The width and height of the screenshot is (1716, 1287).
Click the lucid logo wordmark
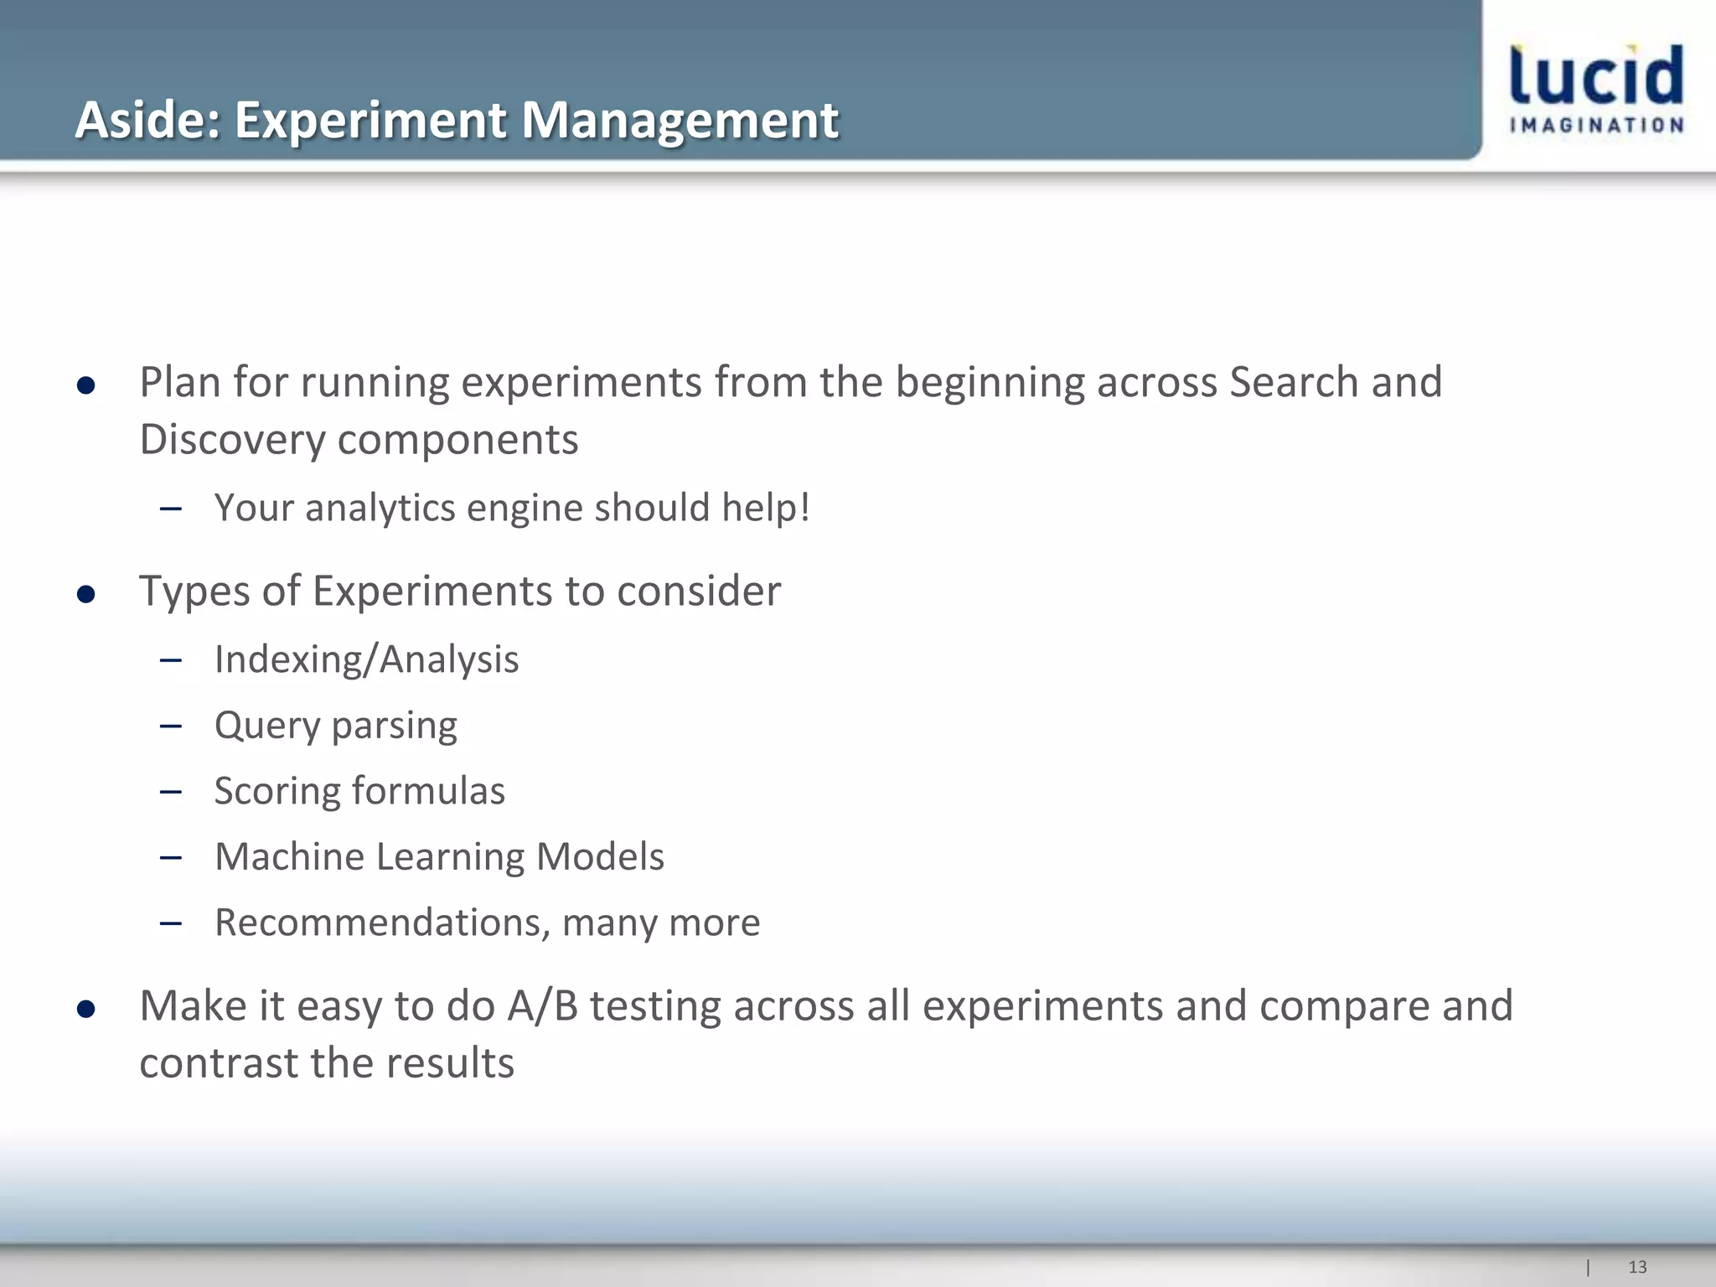(1595, 75)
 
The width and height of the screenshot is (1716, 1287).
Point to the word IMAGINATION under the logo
(1595, 126)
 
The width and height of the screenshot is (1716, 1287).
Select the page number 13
(1636, 1267)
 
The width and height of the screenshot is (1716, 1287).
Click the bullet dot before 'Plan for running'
(85, 385)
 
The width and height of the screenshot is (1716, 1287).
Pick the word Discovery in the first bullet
(231, 440)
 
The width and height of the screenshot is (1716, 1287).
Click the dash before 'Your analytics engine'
(171, 509)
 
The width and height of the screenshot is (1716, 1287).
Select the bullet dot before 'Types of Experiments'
(85, 595)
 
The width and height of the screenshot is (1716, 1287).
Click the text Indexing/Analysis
(366, 659)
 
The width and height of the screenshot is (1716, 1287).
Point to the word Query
(267, 726)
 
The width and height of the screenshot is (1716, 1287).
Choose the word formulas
(428, 791)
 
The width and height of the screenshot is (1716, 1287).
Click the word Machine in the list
(289, 856)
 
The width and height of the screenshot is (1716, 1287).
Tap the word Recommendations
(382, 923)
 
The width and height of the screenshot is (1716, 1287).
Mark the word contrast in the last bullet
(219, 1063)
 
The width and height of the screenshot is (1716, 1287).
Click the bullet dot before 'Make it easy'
(85, 1010)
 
